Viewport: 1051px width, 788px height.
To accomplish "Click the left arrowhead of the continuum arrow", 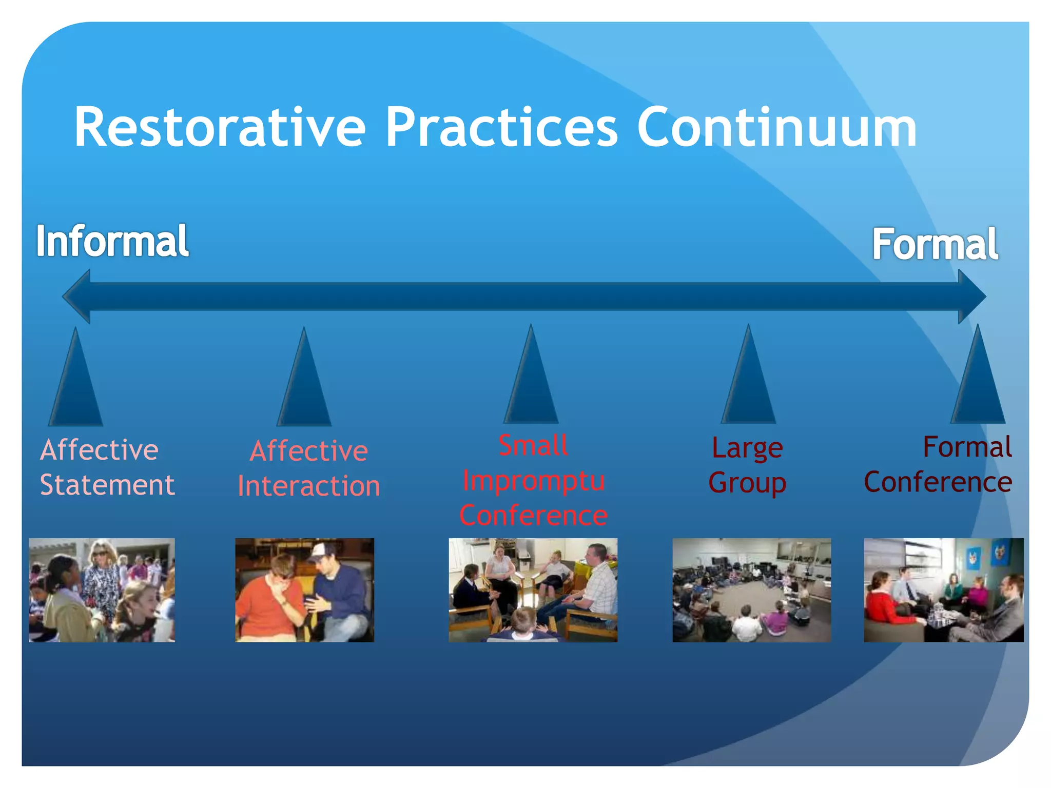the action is point(76,297).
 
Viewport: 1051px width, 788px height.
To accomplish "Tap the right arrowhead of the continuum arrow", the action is point(972,297).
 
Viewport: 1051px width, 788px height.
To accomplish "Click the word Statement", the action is point(107,485).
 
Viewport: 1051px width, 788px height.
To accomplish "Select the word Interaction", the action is point(309,486).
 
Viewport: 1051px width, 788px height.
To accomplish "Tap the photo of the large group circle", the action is point(752,590).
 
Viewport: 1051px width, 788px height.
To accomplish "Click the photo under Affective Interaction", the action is point(305,590).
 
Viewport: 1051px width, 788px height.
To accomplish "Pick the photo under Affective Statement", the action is point(102,590).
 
